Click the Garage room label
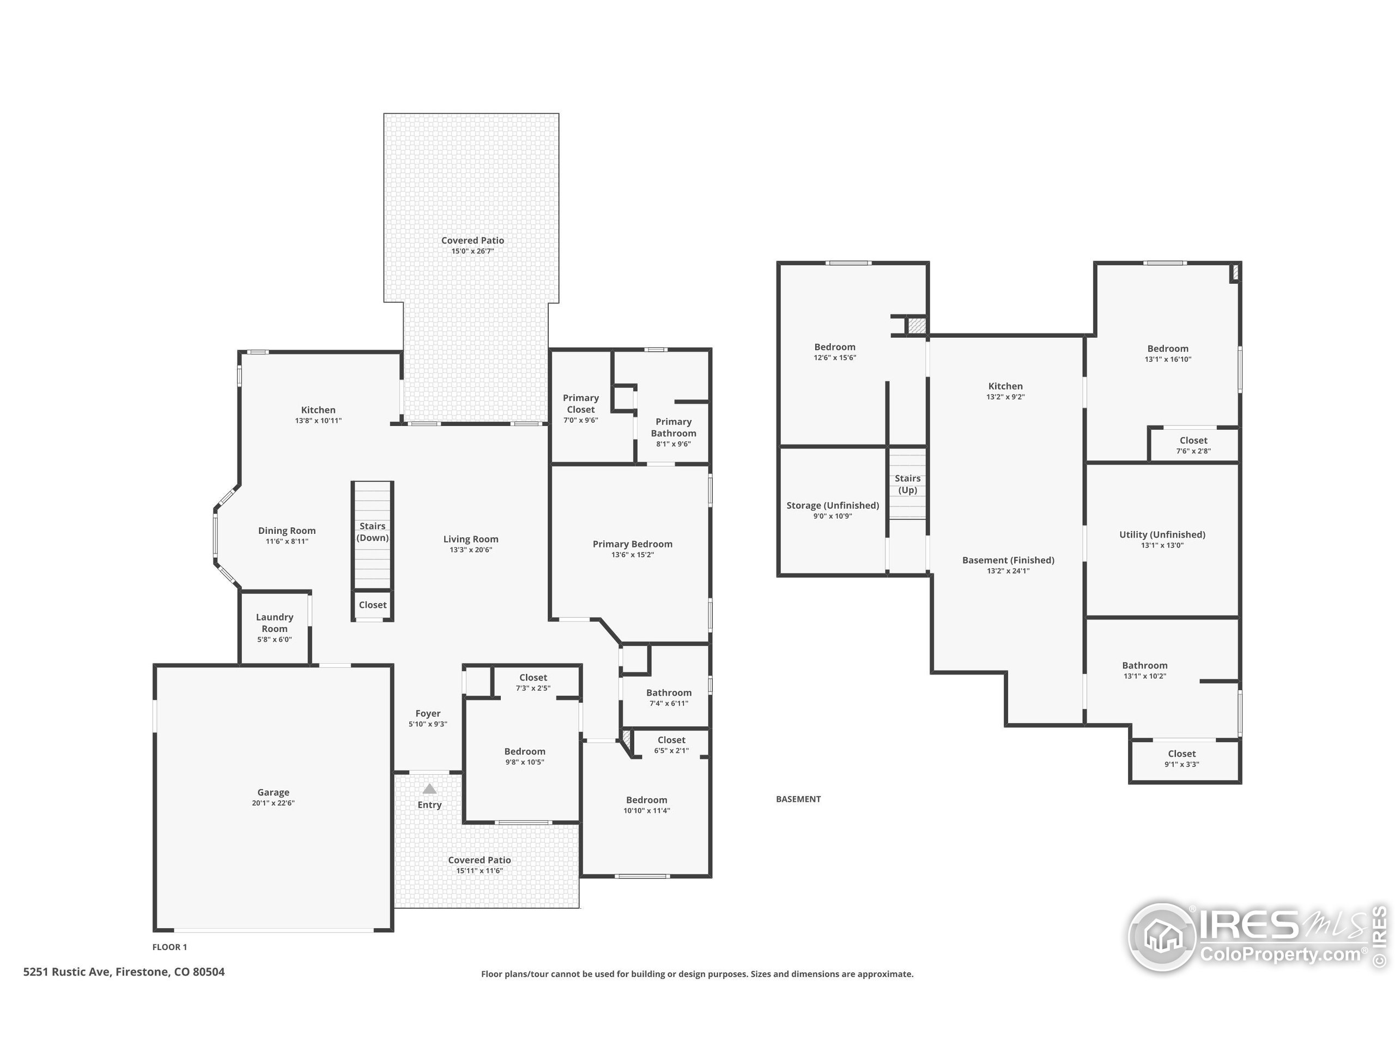point(273,793)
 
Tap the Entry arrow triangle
point(429,789)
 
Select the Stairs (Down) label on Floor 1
point(372,532)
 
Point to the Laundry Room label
point(274,623)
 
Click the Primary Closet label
point(580,404)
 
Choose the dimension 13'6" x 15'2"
point(632,555)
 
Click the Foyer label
point(428,714)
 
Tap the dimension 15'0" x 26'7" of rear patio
point(472,251)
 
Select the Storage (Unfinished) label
point(832,506)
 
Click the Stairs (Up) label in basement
point(907,484)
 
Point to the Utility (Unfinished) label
point(1162,534)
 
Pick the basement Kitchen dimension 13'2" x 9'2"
point(1005,397)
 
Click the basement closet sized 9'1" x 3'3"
point(1181,758)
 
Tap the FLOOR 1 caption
point(169,947)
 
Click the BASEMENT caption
point(798,799)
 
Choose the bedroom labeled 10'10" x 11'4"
point(646,805)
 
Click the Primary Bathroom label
point(673,428)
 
